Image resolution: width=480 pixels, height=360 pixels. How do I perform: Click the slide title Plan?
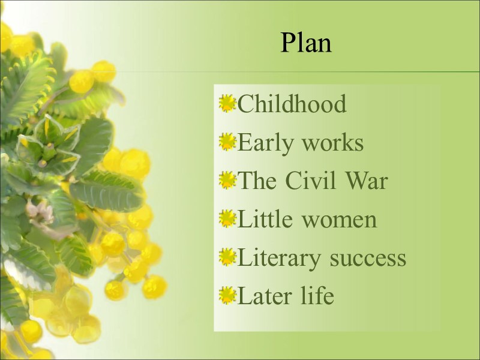click(306, 43)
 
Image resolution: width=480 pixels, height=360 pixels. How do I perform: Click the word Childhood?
click(292, 104)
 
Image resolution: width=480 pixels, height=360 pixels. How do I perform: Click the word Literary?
click(280, 259)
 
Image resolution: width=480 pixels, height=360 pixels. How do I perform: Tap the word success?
click(368, 259)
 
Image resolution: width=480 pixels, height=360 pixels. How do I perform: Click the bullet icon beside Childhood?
click(227, 104)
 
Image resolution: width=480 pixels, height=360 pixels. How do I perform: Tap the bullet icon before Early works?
click(227, 142)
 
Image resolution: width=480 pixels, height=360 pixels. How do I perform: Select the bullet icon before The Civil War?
click(227, 181)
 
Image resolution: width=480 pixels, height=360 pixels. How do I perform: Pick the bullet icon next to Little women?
click(227, 219)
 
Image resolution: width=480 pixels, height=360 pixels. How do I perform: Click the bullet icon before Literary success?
click(227, 257)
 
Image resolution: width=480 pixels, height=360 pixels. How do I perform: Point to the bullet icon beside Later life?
click(227, 295)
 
